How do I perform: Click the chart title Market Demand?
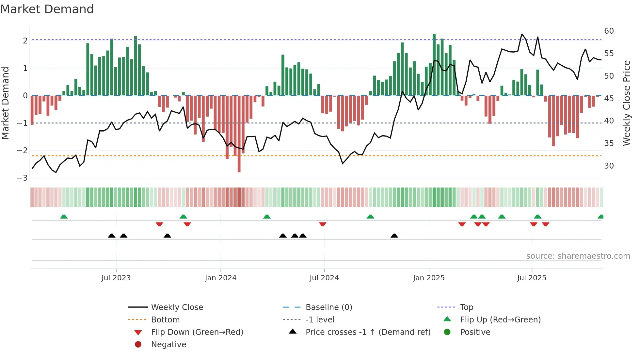(x=47, y=9)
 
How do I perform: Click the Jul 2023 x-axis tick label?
(x=116, y=278)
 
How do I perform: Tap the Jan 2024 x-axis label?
(x=220, y=278)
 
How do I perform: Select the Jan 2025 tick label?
(x=428, y=278)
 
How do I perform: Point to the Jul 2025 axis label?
(x=532, y=278)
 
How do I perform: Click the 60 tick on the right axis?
(x=609, y=31)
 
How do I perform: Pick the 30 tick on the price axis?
(x=609, y=166)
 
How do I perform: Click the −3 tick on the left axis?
(x=23, y=178)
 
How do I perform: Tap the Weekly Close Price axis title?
(x=626, y=103)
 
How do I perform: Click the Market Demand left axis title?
(x=6, y=103)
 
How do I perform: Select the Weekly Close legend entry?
(x=177, y=307)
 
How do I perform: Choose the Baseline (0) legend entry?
(x=328, y=307)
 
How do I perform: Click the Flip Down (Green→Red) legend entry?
(x=197, y=332)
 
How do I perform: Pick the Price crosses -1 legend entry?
(x=368, y=332)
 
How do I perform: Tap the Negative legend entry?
(x=168, y=345)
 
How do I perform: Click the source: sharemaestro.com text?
(x=578, y=256)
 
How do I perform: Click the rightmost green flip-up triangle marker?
(x=600, y=217)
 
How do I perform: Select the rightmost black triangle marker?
(x=394, y=236)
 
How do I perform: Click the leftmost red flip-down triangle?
(x=159, y=224)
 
